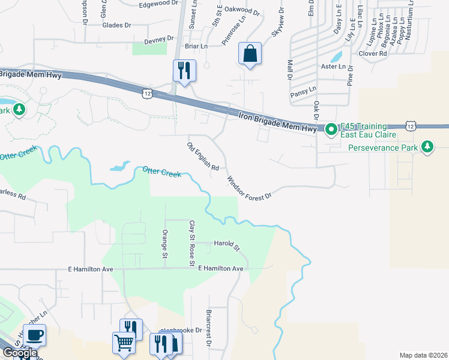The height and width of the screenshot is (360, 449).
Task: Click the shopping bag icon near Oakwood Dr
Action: tap(250, 54)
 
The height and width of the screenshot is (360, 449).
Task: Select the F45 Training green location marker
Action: tap(331, 130)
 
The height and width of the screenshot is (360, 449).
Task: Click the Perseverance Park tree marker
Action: tap(427, 147)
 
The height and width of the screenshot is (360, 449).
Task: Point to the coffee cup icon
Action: tap(35, 334)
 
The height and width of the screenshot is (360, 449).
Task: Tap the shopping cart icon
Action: tap(124, 343)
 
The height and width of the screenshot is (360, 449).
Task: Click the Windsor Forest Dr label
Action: tap(250, 188)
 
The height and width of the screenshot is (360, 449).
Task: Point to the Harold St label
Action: tap(227, 245)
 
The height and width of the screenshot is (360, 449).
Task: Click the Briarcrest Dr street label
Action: tap(208, 329)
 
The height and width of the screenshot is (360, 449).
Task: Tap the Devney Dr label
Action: tap(159, 38)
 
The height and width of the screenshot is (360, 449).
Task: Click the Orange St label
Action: tap(165, 244)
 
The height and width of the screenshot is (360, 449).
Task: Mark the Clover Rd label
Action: tap(373, 53)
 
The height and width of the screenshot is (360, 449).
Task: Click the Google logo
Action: tap(20, 353)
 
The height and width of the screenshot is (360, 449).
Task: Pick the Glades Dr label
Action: tap(116, 25)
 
